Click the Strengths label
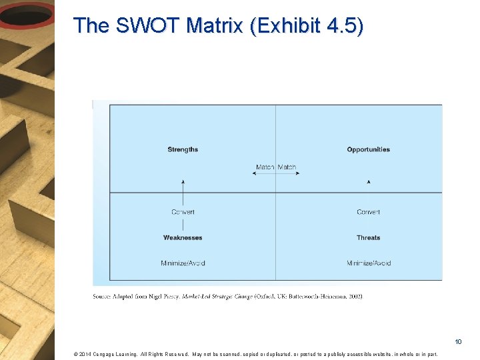[183, 149]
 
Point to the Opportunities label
[368, 149]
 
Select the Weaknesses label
[183, 237]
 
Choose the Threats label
[368, 237]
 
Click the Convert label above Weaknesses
[183, 212]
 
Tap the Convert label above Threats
[368, 212]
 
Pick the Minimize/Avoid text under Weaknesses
[183, 263]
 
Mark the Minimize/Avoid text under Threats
[369, 263]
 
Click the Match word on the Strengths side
[265, 167]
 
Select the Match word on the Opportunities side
[287, 167]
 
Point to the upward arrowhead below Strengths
[183, 181]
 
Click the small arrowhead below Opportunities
[369, 181]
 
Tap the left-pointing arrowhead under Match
[254, 173]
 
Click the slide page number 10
[458, 342]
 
